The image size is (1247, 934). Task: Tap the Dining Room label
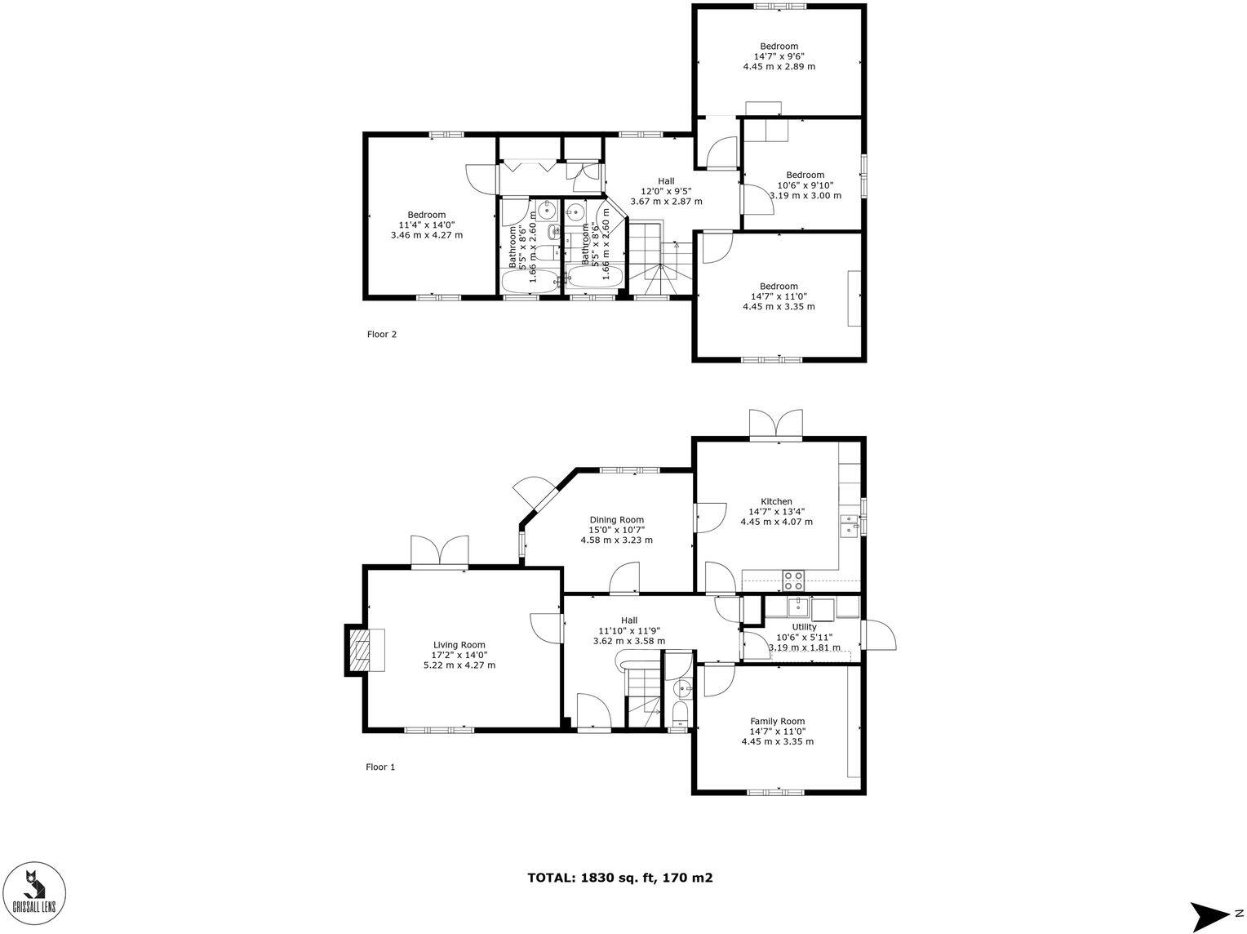coord(616,520)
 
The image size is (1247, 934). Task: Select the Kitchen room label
coord(776,501)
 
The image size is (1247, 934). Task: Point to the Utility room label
coord(804,627)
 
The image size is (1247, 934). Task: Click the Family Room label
coord(777,721)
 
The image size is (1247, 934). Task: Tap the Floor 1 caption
coord(380,767)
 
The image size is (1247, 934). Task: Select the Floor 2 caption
coord(381,334)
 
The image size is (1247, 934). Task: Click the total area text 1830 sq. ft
coord(619,878)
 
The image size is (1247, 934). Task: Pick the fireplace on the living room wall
coord(358,651)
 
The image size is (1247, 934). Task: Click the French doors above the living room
coord(440,551)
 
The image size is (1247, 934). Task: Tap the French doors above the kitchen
coord(777,425)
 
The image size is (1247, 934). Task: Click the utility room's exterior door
coord(880,636)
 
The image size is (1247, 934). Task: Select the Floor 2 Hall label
coord(667,181)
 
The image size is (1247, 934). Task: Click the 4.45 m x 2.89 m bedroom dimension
coord(779,67)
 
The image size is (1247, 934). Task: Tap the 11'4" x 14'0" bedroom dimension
coord(426,225)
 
